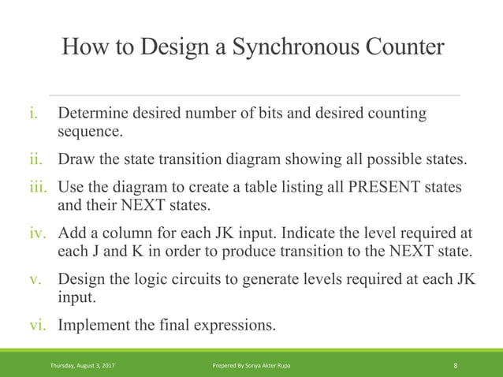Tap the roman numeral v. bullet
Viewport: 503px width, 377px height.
click(x=35, y=281)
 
